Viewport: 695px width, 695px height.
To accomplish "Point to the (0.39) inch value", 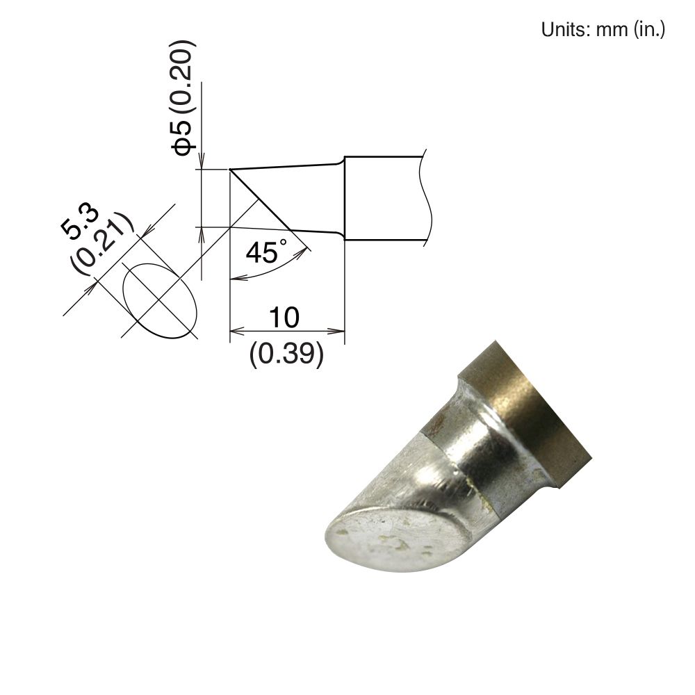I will pyautogui.click(x=286, y=355).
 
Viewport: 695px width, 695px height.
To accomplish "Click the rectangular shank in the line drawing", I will pyautogui.click(x=382, y=199).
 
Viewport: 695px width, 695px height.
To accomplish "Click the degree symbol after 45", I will pyautogui.click(x=282, y=244).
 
